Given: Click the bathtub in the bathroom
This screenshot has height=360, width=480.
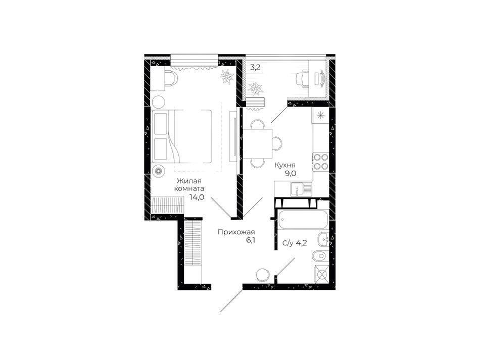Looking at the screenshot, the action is (x=302, y=219).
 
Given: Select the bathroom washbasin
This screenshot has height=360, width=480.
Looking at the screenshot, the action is (x=323, y=239).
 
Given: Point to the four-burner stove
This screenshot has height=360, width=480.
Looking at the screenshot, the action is (x=320, y=162).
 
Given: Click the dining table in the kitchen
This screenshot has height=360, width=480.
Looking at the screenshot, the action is (x=257, y=143).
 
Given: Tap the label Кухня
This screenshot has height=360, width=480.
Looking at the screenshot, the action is (x=285, y=166).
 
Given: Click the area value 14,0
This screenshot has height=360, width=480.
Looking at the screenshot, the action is (x=197, y=197).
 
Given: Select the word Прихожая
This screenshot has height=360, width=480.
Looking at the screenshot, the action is (x=236, y=232).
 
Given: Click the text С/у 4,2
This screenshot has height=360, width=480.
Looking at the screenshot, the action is (x=295, y=243).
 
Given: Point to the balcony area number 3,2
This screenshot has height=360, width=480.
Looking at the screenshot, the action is (x=255, y=68).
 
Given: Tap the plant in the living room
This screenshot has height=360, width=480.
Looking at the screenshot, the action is (x=227, y=76).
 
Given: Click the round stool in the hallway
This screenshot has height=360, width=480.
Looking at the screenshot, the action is (x=263, y=274).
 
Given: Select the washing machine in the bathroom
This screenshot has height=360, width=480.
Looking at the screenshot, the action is (x=321, y=274).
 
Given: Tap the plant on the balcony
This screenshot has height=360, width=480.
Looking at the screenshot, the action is (x=255, y=89).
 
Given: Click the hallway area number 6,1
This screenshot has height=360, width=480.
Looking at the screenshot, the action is (x=251, y=240).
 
